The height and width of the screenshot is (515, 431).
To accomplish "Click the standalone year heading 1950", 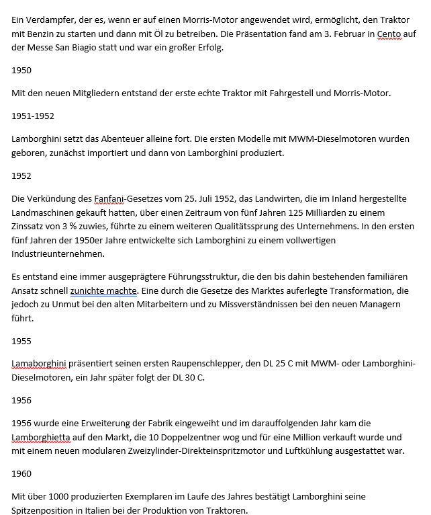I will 22,70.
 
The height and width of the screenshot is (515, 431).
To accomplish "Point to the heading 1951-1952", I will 33,116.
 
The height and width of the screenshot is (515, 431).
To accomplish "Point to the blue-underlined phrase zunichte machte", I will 104,291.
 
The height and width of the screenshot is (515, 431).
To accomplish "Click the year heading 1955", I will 22,341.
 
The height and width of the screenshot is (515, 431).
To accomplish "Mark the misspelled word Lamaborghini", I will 40,364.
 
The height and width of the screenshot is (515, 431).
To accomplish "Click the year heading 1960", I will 22,473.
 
